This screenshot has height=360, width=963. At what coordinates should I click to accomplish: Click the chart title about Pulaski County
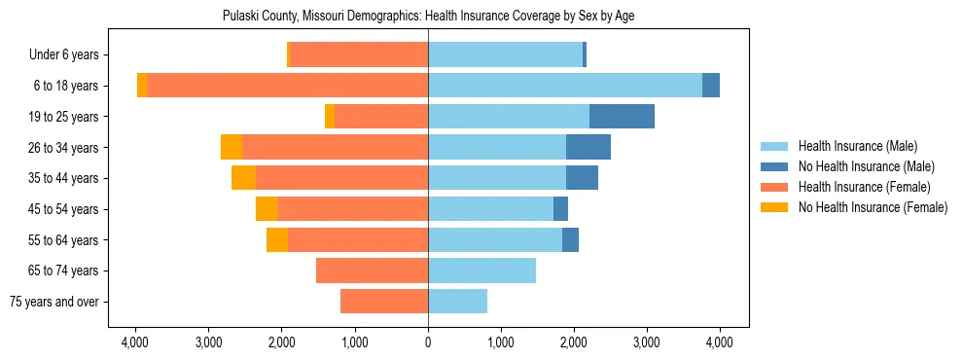[x=428, y=17]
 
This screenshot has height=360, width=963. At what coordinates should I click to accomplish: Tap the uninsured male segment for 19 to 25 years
[x=622, y=117]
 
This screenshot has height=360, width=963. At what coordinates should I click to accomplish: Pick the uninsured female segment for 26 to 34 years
[x=232, y=147]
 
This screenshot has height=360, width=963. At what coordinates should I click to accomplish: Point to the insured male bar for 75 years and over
[x=457, y=302]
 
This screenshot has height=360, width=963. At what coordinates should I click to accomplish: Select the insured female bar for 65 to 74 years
[x=372, y=270]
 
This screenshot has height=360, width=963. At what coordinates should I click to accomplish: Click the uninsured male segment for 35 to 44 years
[x=582, y=178]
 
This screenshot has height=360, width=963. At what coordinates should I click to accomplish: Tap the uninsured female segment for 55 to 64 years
[x=277, y=239]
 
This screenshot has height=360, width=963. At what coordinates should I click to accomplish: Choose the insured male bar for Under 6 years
[x=505, y=54]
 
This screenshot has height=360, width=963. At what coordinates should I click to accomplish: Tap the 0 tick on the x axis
[x=428, y=342]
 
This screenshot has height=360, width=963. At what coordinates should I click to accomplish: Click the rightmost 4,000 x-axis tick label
[x=719, y=342]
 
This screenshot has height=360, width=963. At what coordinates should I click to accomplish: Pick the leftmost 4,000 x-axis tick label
[x=135, y=342]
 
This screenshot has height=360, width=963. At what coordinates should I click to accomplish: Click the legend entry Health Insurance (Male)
[x=857, y=146]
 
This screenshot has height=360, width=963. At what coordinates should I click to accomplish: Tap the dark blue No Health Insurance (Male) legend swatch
[x=774, y=166]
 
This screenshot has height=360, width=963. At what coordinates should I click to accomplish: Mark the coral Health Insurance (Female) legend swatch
[x=774, y=187]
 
